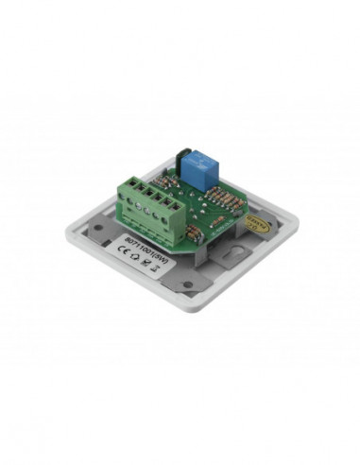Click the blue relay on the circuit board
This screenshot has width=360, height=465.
[201, 162]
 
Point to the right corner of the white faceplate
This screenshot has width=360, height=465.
[295, 223]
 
